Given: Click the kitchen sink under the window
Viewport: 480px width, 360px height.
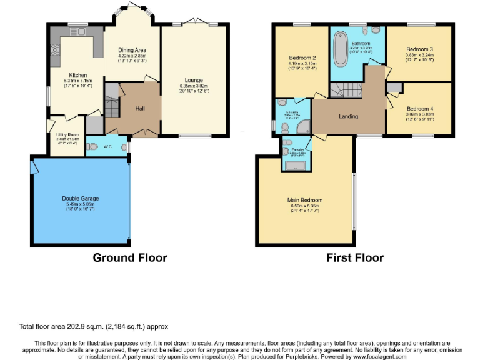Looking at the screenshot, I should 77,31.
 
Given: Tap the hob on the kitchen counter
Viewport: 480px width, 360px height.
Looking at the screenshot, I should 54,44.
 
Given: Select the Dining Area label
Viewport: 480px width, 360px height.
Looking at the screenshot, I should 132,49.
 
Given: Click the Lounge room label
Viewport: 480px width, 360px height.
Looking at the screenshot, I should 192,79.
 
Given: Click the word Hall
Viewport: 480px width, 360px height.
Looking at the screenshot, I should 141,108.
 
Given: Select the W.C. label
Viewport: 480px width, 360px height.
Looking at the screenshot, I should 107,147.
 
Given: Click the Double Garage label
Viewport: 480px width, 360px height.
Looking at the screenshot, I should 80,199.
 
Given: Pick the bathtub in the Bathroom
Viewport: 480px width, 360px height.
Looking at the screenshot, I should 341,49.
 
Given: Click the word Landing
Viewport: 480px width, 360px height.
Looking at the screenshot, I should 348,117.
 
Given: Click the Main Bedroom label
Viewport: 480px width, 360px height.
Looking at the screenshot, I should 303,201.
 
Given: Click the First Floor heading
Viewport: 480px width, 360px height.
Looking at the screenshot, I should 355,257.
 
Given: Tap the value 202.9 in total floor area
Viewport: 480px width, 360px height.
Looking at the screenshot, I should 68,326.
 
